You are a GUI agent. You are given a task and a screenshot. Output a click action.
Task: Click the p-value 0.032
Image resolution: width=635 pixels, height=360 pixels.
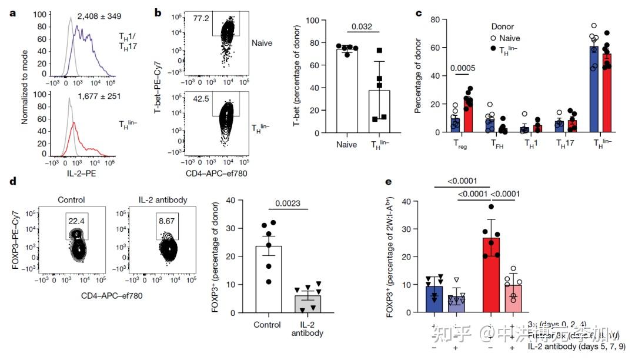click(x=362, y=25)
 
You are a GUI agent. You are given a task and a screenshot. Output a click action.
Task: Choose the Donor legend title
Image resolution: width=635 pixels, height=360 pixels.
click(x=504, y=26)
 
